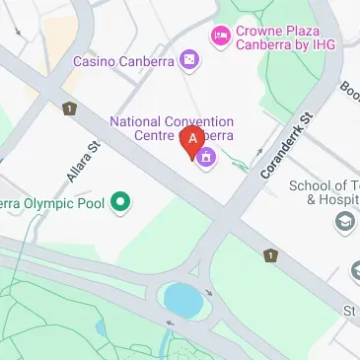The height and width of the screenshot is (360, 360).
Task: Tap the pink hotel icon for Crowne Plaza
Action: click(221, 36)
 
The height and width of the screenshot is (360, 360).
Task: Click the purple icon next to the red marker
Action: click(206, 156)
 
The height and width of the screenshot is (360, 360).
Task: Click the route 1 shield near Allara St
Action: click(69, 109)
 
